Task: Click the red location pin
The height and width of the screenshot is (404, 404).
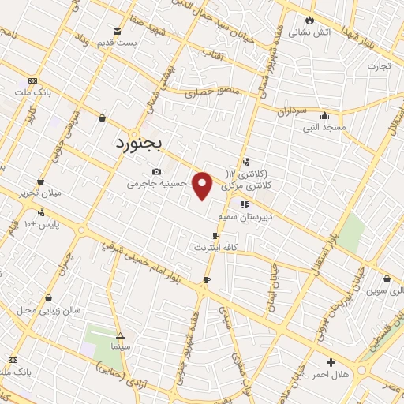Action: [203, 185]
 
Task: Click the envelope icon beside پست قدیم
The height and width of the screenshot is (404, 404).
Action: [117, 32]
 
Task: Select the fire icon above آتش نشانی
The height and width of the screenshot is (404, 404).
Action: [309, 20]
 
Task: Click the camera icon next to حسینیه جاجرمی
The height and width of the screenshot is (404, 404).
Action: [156, 172]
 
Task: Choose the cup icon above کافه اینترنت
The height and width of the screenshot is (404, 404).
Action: [215, 236]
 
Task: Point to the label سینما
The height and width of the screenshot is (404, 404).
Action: [121, 346]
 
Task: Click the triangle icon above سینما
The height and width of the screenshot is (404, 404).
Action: [120, 335]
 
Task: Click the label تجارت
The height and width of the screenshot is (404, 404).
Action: [378, 66]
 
